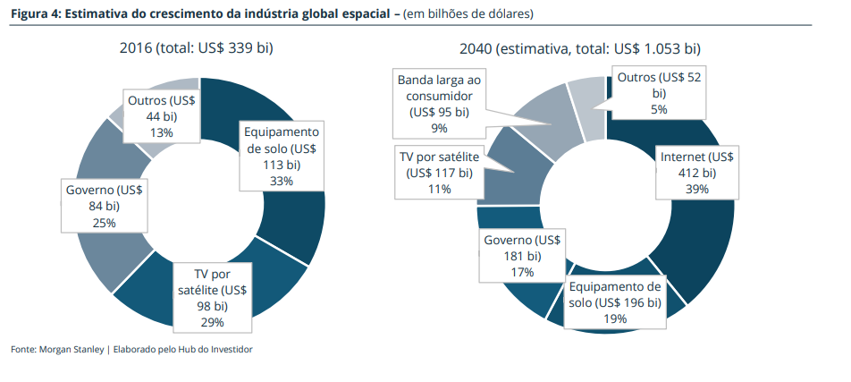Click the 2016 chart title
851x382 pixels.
click(x=196, y=49)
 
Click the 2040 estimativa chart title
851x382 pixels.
click(x=580, y=49)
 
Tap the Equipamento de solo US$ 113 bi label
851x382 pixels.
click(x=281, y=156)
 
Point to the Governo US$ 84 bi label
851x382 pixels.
click(x=104, y=207)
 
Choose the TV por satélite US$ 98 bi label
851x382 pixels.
click(x=212, y=298)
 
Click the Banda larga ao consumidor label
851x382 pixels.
click(x=439, y=105)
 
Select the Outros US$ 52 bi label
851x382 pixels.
click(x=659, y=93)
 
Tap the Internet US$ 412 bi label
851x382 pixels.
click(x=696, y=173)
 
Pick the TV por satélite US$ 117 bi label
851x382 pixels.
click(x=439, y=173)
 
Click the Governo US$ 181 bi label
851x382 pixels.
click(x=522, y=255)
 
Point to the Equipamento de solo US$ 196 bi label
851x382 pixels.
click(x=615, y=302)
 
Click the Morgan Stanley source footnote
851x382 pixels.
click(x=132, y=350)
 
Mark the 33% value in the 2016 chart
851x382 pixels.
click(x=281, y=181)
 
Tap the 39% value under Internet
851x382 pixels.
click(x=696, y=189)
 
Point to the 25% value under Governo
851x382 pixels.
click(x=104, y=223)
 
